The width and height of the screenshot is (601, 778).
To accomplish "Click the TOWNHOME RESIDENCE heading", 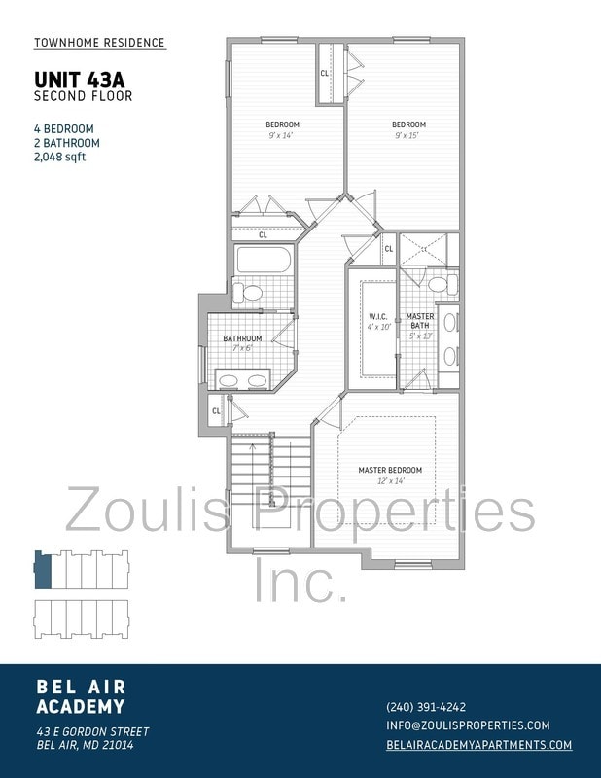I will coord(99,43).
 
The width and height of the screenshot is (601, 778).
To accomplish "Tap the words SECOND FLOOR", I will coord(83,96).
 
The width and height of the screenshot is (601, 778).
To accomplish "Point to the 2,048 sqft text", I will coord(59,157).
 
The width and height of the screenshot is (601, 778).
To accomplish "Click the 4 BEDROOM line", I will coord(63,128).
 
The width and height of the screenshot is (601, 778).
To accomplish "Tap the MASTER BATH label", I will coord(420,321).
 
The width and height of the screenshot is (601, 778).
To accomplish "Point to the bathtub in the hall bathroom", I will coord(263,260).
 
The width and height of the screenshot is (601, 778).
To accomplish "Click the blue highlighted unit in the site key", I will coord(42,570).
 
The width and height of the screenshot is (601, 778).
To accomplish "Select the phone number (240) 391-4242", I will coord(426,707).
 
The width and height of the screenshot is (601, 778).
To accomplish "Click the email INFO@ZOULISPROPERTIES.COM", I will coord(468,725).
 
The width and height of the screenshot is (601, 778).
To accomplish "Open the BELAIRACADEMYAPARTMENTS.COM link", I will coord(478,745).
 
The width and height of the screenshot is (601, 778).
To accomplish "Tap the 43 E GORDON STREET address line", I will coord(92,731).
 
